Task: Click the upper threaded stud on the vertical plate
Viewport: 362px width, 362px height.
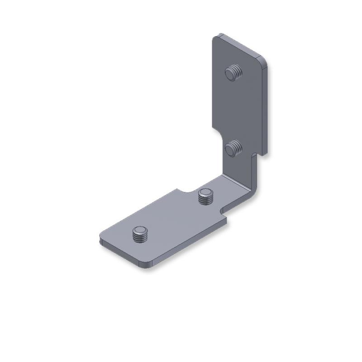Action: coord(233,72)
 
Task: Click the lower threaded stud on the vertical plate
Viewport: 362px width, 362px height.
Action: coord(233,148)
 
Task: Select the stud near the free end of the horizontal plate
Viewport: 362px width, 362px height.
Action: coord(140,234)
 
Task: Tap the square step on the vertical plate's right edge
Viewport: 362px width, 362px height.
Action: coord(254,156)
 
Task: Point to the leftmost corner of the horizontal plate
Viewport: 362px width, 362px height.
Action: coord(100,237)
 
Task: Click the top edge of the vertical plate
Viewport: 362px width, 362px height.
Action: coord(240,45)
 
